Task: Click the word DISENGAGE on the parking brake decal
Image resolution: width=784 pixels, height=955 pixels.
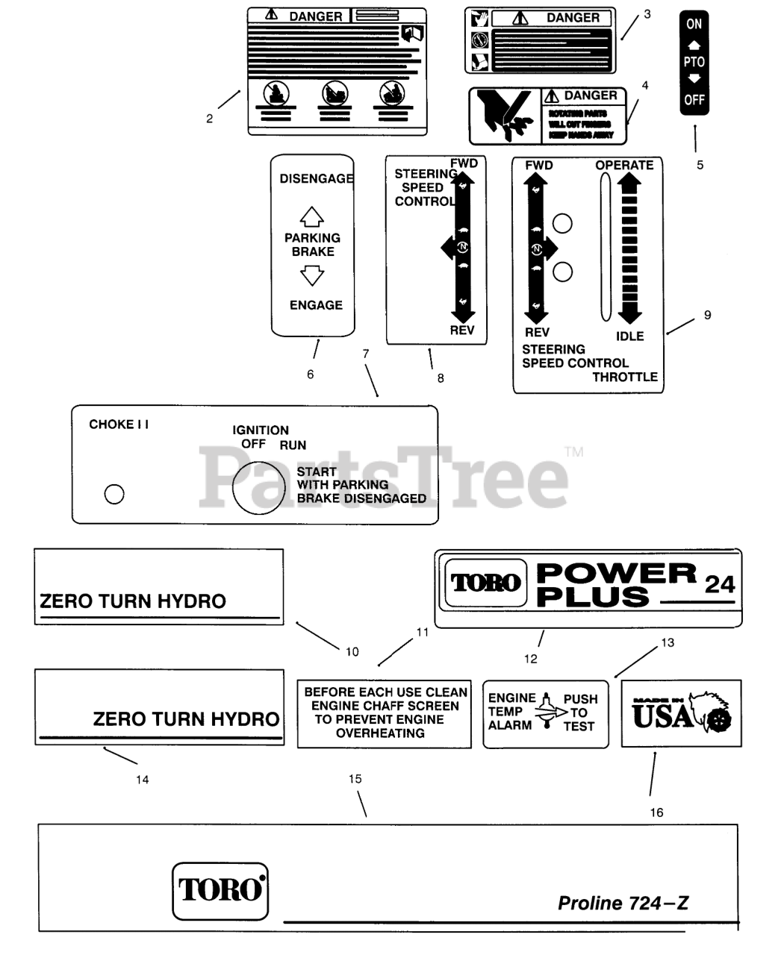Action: pos(316,179)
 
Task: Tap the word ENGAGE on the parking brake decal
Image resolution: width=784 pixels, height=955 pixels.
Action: pos(316,305)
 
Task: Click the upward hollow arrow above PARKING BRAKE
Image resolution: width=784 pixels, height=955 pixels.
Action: pos(311,217)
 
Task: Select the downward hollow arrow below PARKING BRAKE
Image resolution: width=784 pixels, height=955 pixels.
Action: pos(311,277)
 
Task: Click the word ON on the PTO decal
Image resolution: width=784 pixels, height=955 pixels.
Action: pos(694,24)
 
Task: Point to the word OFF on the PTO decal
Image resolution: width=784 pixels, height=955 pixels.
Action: pos(694,99)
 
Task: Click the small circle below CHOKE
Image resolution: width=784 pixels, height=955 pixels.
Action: pos(114,494)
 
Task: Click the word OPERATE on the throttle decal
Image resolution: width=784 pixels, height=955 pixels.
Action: pos(624,165)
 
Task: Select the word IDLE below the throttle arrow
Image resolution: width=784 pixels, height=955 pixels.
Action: pos(629,336)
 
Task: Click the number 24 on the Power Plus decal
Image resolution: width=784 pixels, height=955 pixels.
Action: pos(720,584)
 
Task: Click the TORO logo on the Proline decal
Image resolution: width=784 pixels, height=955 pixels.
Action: pos(220,890)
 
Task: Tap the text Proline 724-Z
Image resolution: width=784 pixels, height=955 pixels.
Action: pos(623,904)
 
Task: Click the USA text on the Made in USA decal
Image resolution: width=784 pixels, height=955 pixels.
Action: pos(662,717)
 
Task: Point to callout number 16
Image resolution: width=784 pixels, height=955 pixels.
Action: pos(656,812)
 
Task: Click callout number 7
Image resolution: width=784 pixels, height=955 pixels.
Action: pos(365,354)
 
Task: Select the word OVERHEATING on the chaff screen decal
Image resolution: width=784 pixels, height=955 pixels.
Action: pos(380,733)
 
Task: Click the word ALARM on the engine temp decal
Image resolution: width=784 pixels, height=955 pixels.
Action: pos(510,725)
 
